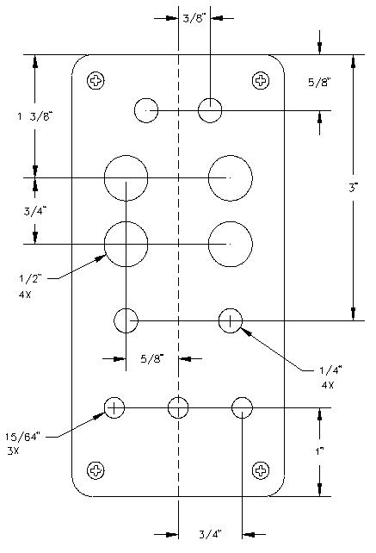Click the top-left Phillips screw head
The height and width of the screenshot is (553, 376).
(x=96, y=81)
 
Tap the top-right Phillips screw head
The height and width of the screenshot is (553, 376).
(x=261, y=81)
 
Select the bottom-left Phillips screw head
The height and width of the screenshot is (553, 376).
(x=96, y=470)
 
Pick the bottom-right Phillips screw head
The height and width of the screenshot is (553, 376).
(x=261, y=470)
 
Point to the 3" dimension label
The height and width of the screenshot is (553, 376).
(x=353, y=188)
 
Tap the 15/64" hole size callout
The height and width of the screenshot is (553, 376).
(x=23, y=437)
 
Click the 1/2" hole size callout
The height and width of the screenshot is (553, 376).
(x=30, y=278)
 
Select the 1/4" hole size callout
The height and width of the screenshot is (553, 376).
(x=330, y=370)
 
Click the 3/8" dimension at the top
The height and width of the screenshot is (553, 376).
(x=194, y=18)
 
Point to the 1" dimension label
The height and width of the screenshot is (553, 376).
(x=319, y=450)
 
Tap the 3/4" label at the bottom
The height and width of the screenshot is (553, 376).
(x=211, y=534)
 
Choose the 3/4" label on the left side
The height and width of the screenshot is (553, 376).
(x=35, y=211)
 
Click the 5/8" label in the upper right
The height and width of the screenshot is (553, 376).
(x=319, y=82)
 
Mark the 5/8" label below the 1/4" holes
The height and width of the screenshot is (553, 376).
(x=152, y=358)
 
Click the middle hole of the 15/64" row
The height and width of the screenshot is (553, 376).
(x=178, y=407)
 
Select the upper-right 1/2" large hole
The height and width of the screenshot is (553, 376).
(x=231, y=177)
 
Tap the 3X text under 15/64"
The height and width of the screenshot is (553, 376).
(x=13, y=450)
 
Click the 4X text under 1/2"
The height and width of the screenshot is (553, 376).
(x=25, y=295)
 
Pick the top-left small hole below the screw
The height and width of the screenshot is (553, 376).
(x=146, y=110)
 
